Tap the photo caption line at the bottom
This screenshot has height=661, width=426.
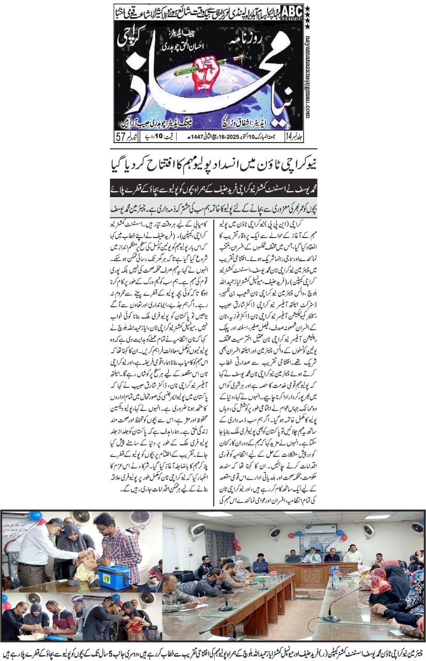click(213, 650)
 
